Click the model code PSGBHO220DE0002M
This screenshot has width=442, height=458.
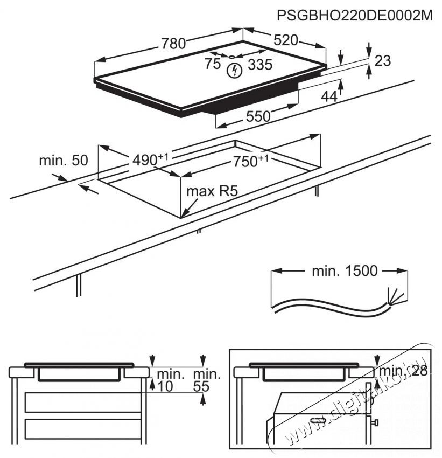point(355,15)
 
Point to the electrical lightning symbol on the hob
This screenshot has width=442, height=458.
point(234,70)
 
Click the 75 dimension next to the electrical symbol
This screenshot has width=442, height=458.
point(213,65)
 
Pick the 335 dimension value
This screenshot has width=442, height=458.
point(260,66)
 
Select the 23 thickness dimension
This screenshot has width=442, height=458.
point(382,61)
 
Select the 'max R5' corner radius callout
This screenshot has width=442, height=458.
point(212,191)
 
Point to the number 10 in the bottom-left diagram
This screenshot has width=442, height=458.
point(165,386)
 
